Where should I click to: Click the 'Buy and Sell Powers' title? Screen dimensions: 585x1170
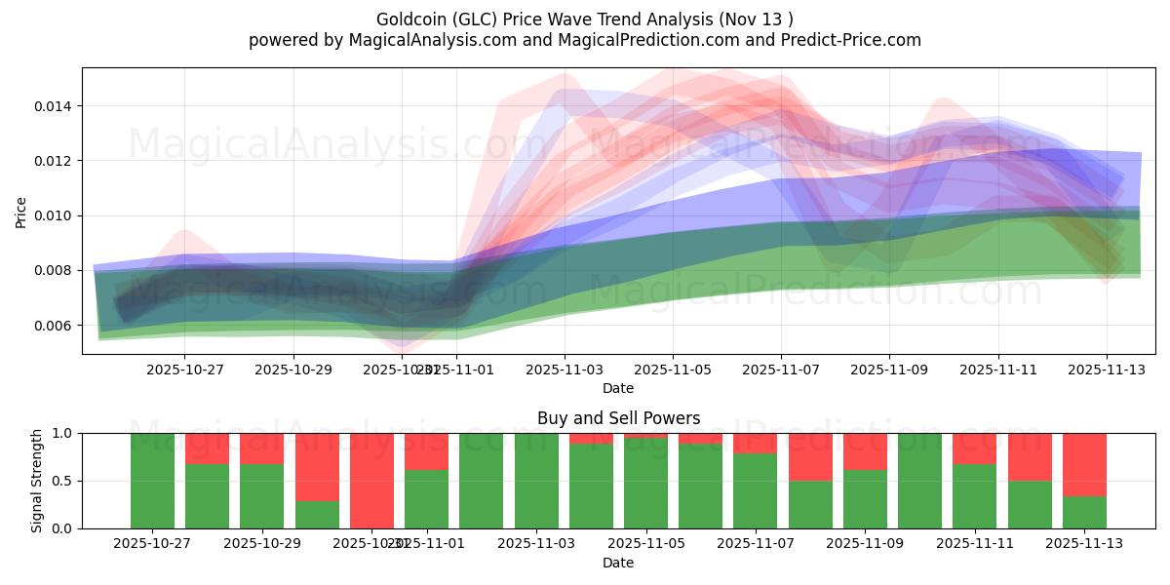[618, 418]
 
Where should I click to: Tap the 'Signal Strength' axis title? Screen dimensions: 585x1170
[37, 481]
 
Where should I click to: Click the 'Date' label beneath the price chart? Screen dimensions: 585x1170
[618, 388]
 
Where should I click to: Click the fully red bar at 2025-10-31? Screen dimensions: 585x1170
[371, 481]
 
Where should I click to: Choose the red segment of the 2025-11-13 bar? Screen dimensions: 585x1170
[1084, 464]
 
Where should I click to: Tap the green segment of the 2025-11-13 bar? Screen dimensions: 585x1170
[1084, 513]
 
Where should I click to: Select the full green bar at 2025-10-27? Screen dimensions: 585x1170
[152, 481]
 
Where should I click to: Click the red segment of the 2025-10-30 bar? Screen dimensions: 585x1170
[317, 466]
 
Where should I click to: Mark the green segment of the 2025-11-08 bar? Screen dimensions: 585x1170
[810, 504]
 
